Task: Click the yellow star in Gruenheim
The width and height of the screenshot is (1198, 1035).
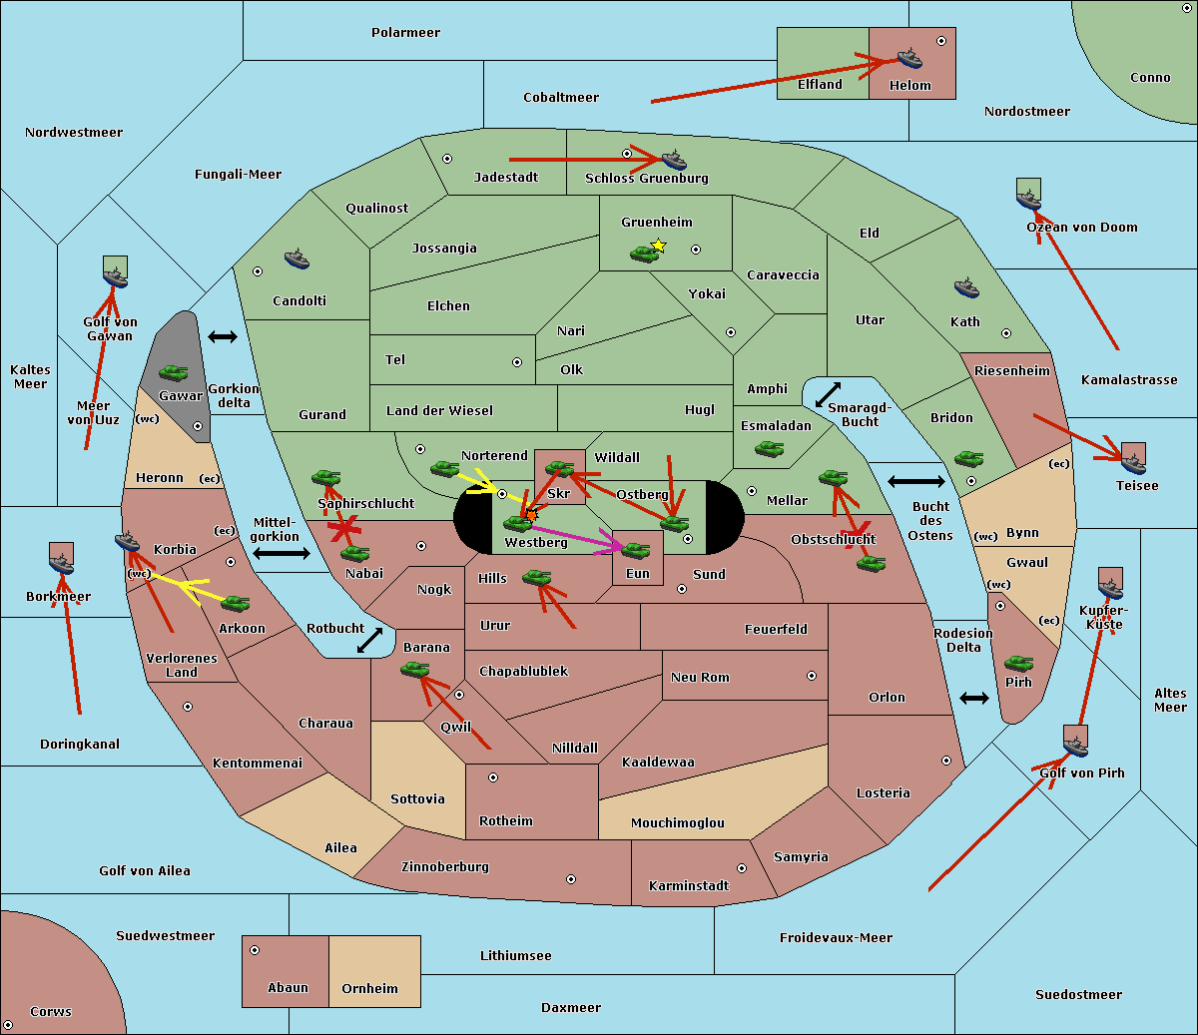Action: click(x=658, y=246)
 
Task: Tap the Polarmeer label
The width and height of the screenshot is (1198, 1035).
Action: click(x=405, y=33)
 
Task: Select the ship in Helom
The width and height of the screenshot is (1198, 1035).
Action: click(x=909, y=58)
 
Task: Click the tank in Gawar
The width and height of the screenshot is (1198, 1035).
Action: click(x=174, y=373)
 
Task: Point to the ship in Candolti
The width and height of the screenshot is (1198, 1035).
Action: click(x=297, y=259)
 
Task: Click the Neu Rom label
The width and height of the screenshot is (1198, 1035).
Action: click(x=700, y=677)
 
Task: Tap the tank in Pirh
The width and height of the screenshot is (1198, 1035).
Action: click(x=1018, y=664)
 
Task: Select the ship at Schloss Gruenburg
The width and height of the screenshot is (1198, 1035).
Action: click(x=674, y=160)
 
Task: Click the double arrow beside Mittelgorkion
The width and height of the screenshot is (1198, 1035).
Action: click(x=281, y=553)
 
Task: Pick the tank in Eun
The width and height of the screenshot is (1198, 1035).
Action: click(x=636, y=550)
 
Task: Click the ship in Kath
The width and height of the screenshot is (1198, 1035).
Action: click(x=966, y=288)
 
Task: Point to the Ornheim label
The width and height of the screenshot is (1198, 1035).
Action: click(x=369, y=988)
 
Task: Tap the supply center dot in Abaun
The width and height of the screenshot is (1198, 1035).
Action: click(x=255, y=950)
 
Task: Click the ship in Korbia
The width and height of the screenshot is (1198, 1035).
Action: click(x=128, y=542)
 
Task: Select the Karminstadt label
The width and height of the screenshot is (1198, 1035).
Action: click(x=689, y=885)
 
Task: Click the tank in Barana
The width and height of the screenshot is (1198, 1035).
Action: click(x=414, y=670)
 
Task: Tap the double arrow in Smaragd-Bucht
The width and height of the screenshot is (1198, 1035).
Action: click(x=828, y=395)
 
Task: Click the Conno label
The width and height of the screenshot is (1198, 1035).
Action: click(x=1150, y=77)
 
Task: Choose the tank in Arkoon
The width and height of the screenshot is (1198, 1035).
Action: click(x=235, y=603)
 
